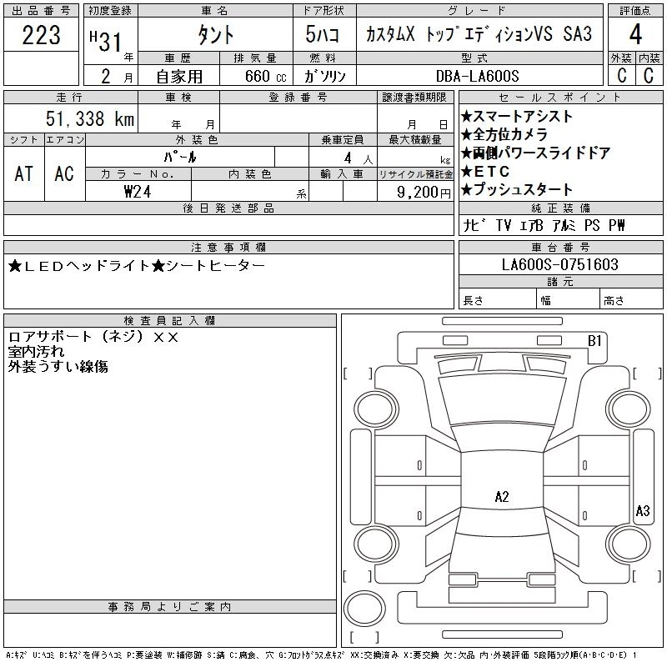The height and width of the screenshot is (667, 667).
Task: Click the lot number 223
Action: [x=41, y=36]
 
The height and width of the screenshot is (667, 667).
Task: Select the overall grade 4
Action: [x=635, y=35]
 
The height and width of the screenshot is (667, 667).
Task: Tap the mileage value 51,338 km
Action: [x=88, y=119]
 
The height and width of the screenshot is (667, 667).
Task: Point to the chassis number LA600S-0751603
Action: [x=560, y=265]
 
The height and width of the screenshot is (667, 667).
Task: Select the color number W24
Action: [x=137, y=191]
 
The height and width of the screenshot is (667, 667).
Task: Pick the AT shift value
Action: [x=24, y=173]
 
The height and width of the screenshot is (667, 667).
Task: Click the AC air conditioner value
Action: [x=64, y=173]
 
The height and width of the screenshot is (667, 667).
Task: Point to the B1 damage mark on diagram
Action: [x=594, y=340]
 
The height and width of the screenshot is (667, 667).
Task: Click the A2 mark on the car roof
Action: [x=502, y=497]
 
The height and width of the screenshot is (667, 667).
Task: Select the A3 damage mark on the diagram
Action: [x=642, y=510]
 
